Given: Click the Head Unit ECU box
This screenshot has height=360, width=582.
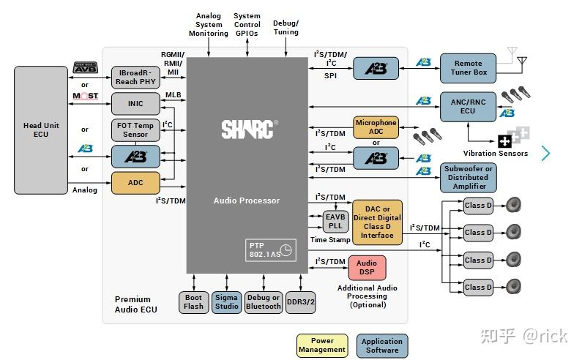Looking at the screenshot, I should (x=41, y=130).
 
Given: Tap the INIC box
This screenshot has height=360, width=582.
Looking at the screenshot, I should (x=135, y=103).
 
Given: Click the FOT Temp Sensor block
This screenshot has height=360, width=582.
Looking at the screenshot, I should (x=135, y=130).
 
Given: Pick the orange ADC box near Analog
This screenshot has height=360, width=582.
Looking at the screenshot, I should (x=135, y=183).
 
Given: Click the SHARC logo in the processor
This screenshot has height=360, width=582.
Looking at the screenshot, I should (x=247, y=130).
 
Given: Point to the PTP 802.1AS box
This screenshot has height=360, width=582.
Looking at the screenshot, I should (x=269, y=250).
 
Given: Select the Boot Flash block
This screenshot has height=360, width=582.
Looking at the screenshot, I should (x=193, y=302).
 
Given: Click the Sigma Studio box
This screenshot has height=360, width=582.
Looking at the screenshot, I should (x=227, y=302).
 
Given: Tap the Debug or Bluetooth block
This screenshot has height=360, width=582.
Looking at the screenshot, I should (x=264, y=302).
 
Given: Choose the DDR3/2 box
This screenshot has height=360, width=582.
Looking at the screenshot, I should (x=300, y=302).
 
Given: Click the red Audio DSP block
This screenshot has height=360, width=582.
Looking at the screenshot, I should (x=367, y=267).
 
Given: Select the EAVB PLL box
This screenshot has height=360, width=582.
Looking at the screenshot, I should (x=335, y=221).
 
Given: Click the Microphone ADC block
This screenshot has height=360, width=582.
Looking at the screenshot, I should (x=376, y=127).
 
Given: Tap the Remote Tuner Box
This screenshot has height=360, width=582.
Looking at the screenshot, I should (x=468, y=68).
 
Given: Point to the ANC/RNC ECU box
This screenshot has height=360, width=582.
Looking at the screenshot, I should (x=468, y=106).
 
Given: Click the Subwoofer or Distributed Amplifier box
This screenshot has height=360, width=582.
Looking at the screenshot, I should (x=468, y=177).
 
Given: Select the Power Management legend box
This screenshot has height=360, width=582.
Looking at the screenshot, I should (x=322, y=345).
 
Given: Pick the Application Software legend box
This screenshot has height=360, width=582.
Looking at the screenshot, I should (x=382, y=345).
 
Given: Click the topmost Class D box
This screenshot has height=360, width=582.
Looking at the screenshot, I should (x=479, y=206).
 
